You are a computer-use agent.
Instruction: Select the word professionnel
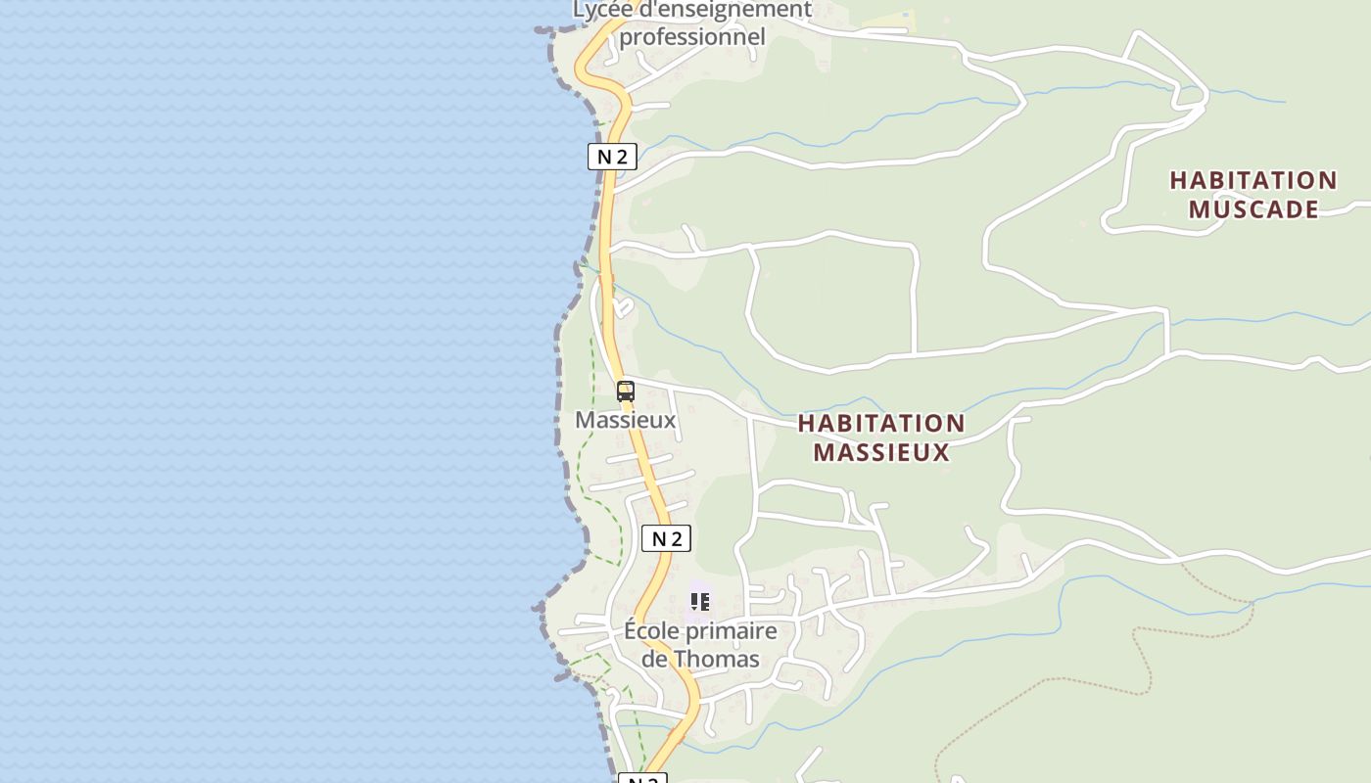tap(691, 37)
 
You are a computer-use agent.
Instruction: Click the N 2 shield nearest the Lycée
tap(612, 157)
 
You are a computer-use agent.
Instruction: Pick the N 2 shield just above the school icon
tap(666, 538)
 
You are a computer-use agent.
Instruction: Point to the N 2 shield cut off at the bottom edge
tap(642, 779)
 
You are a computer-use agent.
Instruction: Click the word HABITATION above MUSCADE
tap(1253, 181)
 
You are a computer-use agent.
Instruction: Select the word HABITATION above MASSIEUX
tap(880, 424)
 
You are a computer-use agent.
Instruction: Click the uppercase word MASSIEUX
tap(880, 452)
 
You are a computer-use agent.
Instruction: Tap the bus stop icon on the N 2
tap(626, 391)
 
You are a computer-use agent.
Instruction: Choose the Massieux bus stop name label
tap(625, 420)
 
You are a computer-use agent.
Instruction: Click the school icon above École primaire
tap(699, 601)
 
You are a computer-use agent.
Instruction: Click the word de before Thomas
tap(654, 659)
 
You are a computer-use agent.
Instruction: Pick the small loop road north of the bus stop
tap(623, 308)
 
